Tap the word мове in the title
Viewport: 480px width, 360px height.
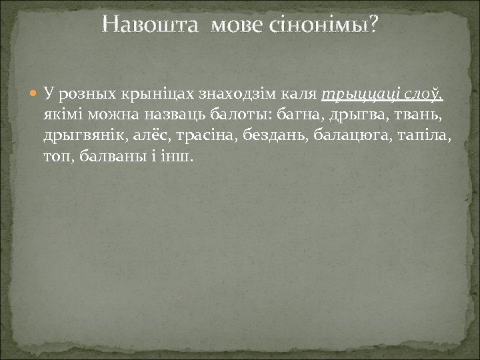[236, 25]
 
